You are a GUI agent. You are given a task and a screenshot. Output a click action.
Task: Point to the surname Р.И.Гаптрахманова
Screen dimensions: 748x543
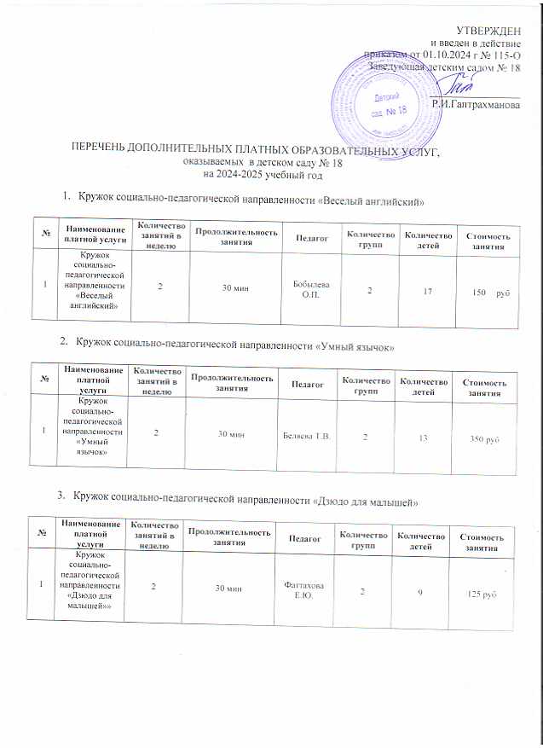click(476, 104)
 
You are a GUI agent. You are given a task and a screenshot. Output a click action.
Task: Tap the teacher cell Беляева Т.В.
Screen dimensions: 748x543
click(306, 437)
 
